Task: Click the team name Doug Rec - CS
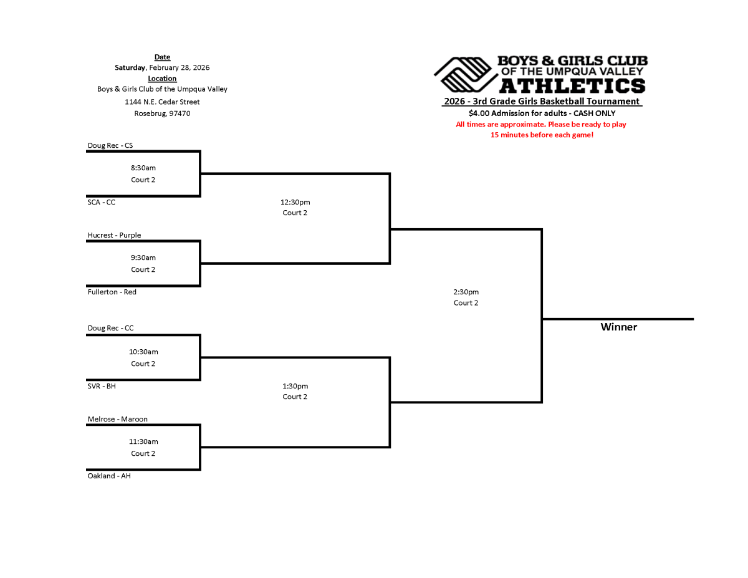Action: tap(110, 146)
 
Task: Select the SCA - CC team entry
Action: tap(101, 202)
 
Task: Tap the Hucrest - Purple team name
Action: tap(114, 236)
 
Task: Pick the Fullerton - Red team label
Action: tap(112, 292)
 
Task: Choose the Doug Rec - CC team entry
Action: tap(110, 328)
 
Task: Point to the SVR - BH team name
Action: tap(102, 386)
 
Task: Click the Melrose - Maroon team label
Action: tap(117, 419)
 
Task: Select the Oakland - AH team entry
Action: tap(109, 476)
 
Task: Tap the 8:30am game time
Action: tap(143, 168)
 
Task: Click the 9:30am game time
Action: tap(143, 258)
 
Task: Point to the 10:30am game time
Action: tap(143, 352)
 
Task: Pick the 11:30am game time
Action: tap(143, 441)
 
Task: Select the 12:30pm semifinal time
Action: tap(295, 202)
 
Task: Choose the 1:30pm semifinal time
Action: tap(295, 386)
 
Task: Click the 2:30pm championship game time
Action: tap(466, 292)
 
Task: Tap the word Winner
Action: tap(618, 327)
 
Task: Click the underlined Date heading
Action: tap(162, 57)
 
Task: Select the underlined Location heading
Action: tap(162, 79)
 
